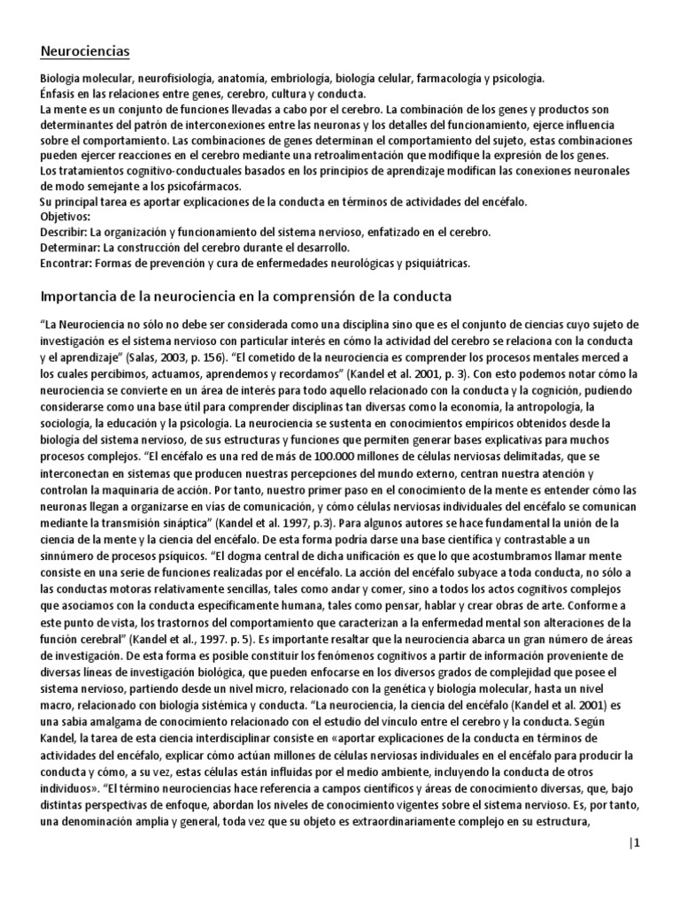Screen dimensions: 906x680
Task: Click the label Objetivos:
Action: pyautogui.click(x=66, y=217)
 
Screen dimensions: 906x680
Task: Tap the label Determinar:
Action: pyautogui.click(x=72, y=248)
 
